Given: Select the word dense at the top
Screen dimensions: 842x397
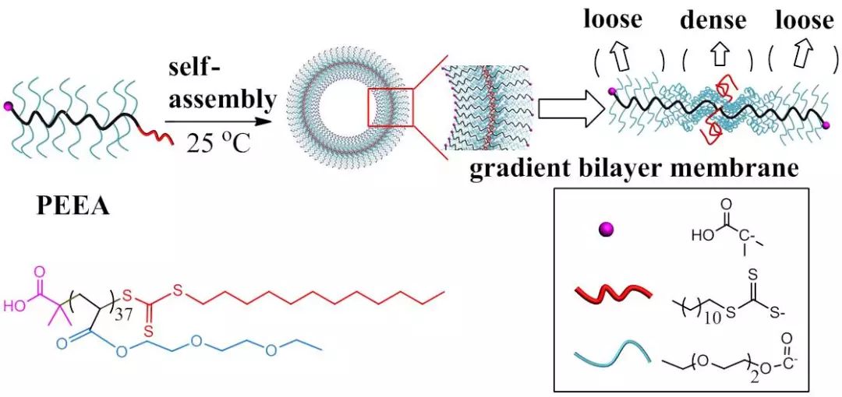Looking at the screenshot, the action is [713, 20].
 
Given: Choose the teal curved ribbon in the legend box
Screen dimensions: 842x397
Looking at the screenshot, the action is [611, 356].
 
